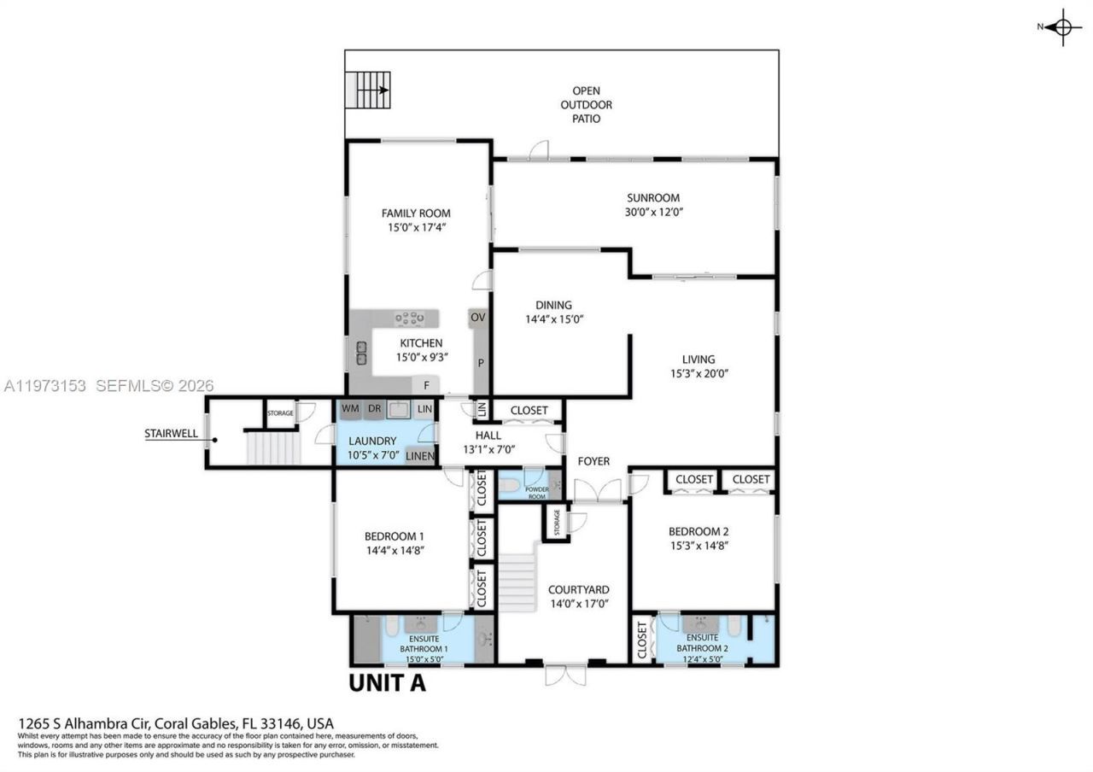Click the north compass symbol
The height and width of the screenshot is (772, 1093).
tap(1062, 26)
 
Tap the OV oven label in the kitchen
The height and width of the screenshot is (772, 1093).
tap(478, 318)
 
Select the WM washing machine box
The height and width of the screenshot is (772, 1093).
tap(350, 409)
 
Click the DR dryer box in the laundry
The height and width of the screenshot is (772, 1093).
tap(374, 409)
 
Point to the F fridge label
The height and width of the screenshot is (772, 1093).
tap(425, 386)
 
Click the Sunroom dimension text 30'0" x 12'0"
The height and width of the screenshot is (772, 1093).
tap(652, 212)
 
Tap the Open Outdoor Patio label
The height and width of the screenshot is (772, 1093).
tap(586, 104)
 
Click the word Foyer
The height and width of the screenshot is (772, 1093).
tap(593, 461)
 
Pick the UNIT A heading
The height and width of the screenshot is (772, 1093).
tap(387, 683)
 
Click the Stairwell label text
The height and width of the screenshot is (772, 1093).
tap(171, 433)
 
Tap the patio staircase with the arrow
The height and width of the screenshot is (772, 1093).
tap(368, 90)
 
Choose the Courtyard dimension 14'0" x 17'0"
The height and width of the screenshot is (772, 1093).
tap(578, 604)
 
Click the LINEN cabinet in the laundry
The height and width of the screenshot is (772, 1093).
tap(420, 456)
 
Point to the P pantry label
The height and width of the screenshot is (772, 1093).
tap(481, 363)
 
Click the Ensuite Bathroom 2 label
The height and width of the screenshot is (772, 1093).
tap(703, 643)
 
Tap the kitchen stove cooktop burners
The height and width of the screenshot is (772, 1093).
tap(410, 319)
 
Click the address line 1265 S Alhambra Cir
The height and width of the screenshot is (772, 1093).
tap(176, 723)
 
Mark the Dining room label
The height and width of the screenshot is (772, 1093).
tap(553, 305)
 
